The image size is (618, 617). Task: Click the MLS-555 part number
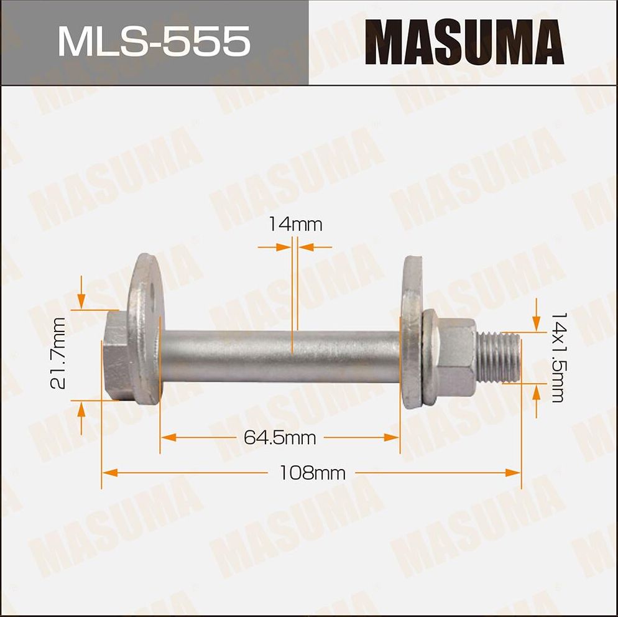coord(154,42)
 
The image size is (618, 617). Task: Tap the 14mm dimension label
coord(295,224)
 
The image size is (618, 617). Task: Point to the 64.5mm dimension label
coord(280,438)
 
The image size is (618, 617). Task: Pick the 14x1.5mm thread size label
coord(556,356)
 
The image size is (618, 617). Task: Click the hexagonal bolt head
coord(116,356)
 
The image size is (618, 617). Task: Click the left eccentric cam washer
coord(144,330)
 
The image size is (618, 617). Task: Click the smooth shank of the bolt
coord(280,357)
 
